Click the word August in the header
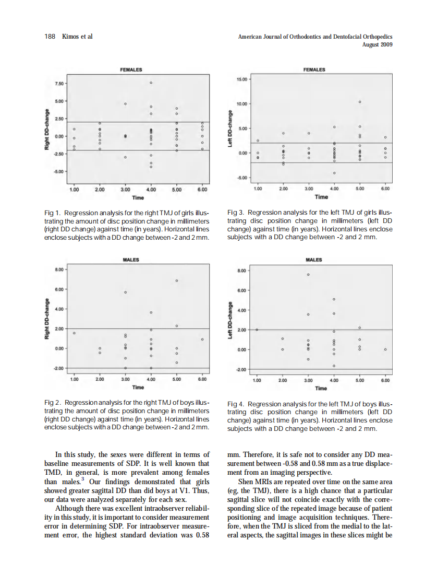[x=371, y=44]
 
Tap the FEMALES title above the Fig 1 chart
[x=131, y=69]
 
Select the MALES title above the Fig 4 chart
[x=313, y=260]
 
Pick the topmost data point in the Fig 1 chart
[x=151, y=83]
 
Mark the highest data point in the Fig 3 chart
[x=360, y=101]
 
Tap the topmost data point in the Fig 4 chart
[x=308, y=274]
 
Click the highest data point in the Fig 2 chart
[x=177, y=281]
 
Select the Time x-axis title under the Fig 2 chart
[x=138, y=387]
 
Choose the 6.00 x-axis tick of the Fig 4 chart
[x=385, y=381]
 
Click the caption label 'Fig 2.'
[x=54, y=404]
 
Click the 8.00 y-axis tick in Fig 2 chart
[x=58, y=269]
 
